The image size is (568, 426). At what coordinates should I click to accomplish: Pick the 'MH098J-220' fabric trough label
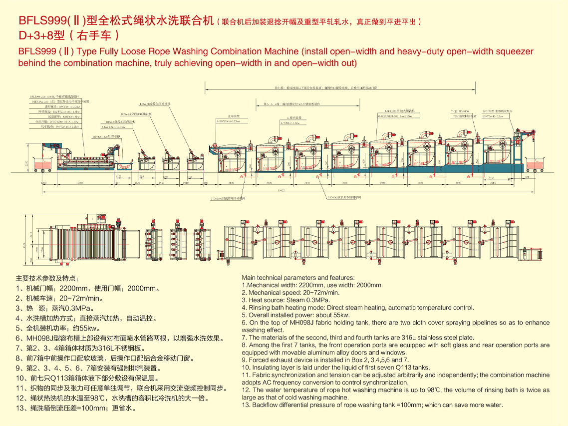click(x=106, y=136)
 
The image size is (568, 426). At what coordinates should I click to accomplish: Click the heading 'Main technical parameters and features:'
click(x=298, y=278)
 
